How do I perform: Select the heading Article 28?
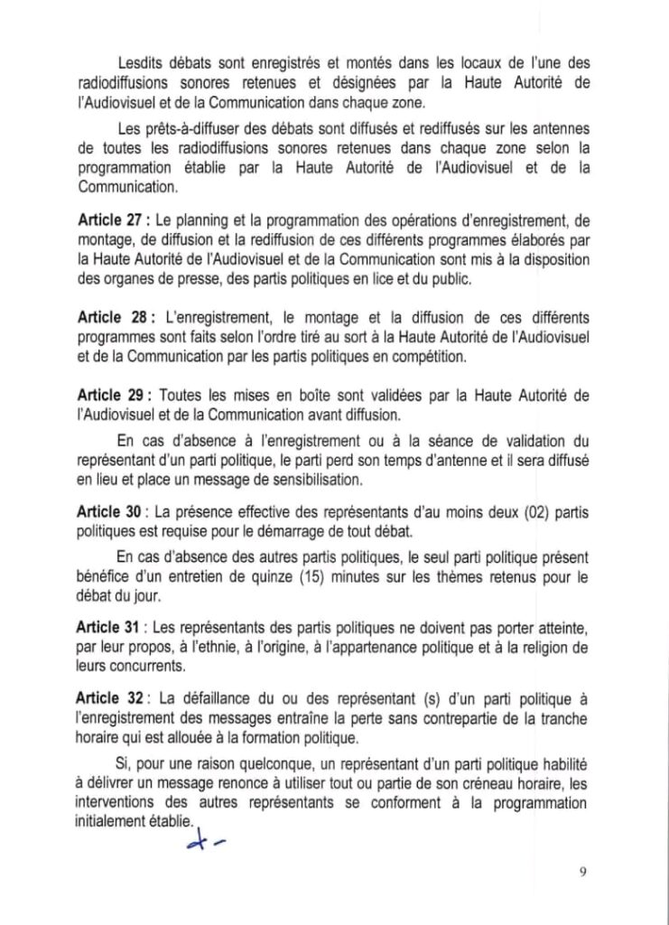pyautogui.click(x=111, y=320)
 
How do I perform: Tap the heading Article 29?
pyautogui.click(x=110, y=397)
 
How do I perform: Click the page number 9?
pyautogui.click(x=583, y=872)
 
